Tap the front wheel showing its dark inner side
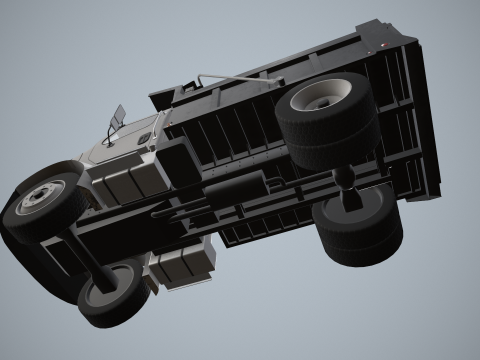coord(112,291)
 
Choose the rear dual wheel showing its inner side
coord(358,229)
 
